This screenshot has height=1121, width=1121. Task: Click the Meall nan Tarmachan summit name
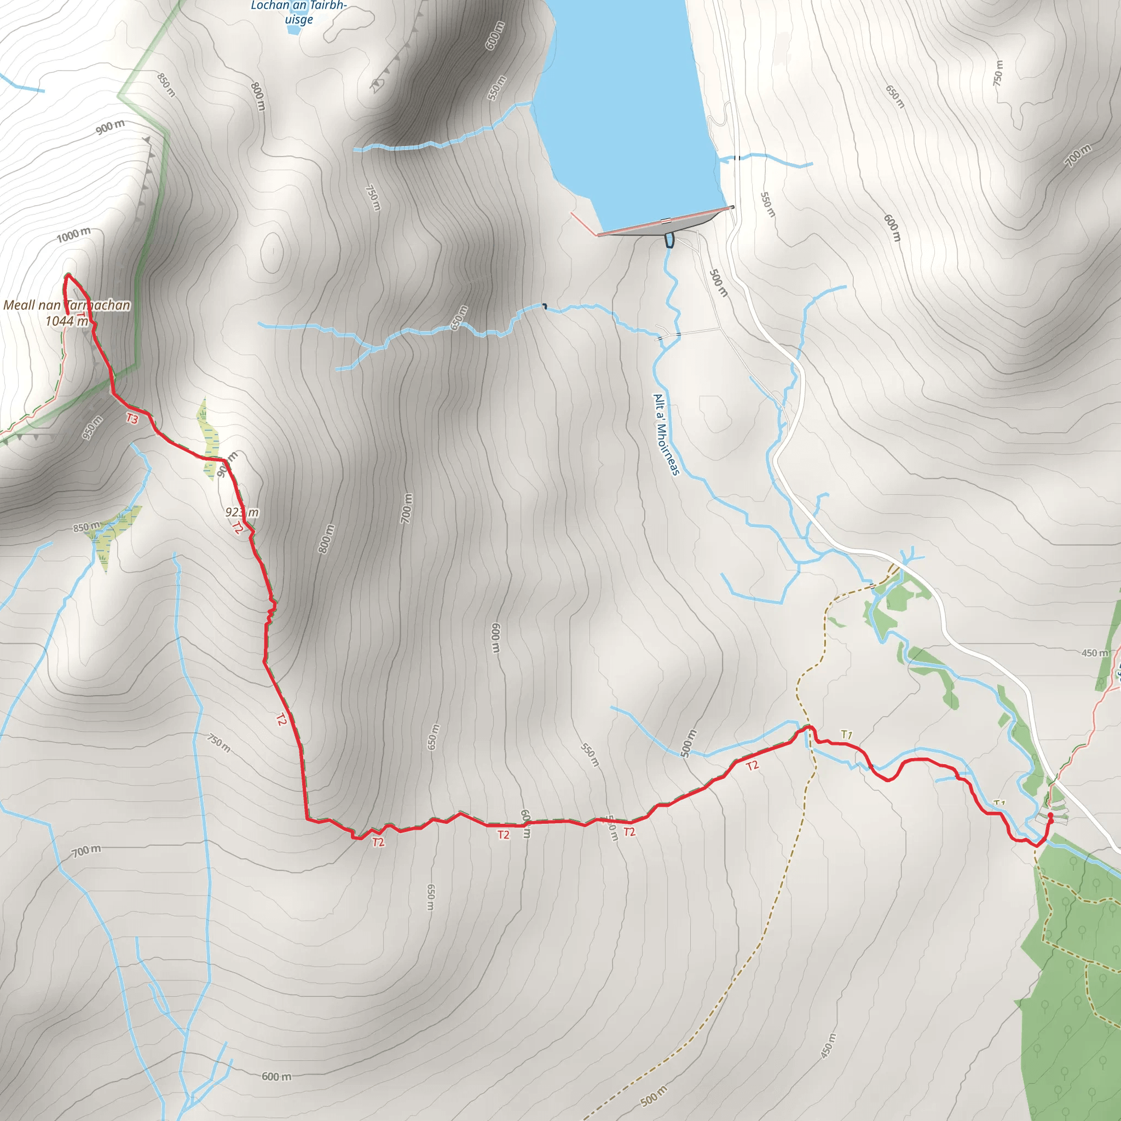coord(67,305)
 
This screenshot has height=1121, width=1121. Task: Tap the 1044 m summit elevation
coord(67,321)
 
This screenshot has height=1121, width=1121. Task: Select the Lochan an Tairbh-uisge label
coord(299,12)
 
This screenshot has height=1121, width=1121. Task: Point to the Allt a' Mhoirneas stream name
coord(666,435)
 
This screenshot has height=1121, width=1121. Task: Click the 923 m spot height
coord(242,512)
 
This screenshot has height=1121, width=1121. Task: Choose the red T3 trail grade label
coord(132,418)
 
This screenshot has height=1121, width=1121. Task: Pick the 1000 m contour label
coord(74,235)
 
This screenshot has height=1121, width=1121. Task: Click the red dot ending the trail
coord(1050,815)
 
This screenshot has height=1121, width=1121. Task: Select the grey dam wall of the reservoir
coord(661,227)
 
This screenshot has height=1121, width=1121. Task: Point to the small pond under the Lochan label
coord(293,29)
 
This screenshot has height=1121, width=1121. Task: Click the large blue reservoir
coord(627,116)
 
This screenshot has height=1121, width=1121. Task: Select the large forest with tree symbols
coord(1073,986)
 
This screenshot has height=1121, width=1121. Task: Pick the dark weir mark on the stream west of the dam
coord(544,306)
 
